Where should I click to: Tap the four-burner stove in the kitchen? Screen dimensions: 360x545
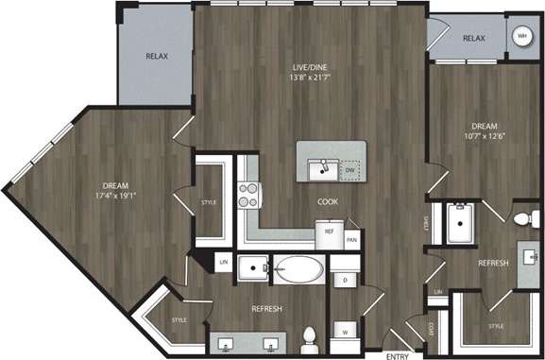[248, 195]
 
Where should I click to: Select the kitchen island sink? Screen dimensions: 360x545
[324, 170]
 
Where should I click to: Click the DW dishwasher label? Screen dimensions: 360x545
[352, 171]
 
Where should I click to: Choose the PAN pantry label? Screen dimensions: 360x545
[351, 241]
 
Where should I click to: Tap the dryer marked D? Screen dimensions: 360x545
[345, 281]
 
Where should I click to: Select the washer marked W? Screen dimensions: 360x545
[345, 331]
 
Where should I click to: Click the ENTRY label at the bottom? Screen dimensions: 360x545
[398, 354]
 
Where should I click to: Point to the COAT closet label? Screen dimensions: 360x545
[431, 330]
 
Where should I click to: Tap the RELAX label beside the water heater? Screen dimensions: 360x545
[473, 38]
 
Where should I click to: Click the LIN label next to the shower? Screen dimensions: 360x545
[437, 293]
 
